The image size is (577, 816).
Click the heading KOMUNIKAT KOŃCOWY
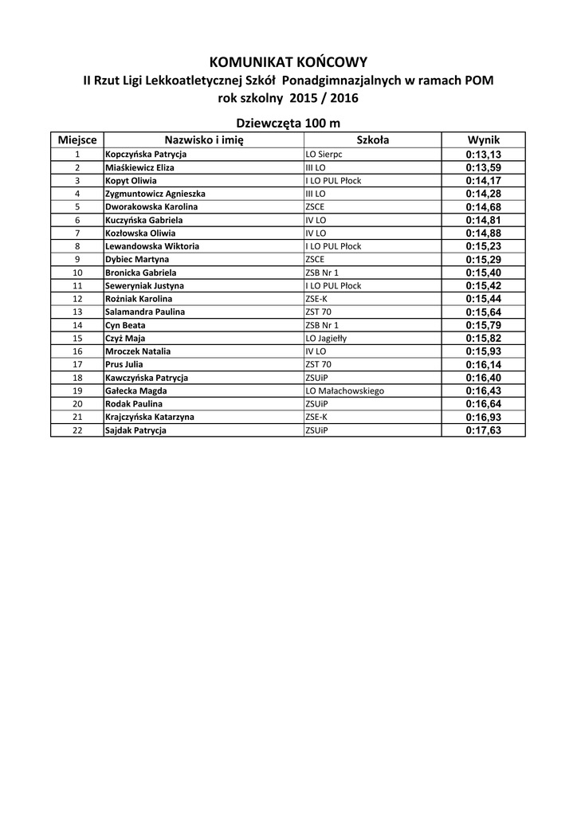pyautogui.click(x=288, y=61)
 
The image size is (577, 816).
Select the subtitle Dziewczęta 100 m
pyautogui.click(x=288, y=123)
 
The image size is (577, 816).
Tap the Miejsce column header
pyautogui.click(x=77, y=139)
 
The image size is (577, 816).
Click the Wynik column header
pyautogui.click(x=483, y=139)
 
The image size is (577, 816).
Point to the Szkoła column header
pyautogui.click(x=372, y=139)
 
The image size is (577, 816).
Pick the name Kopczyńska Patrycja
pyautogui.click(x=146, y=154)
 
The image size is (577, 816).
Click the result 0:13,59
pyautogui.click(x=483, y=167)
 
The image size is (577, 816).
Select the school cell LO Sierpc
pyautogui.click(x=324, y=154)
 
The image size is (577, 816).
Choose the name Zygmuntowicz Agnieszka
pyautogui.click(x=155, y=194)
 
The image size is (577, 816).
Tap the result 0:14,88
pyautogui.click(x=483, y=233)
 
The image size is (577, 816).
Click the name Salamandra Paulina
pyautogui.click(x=145, y=312)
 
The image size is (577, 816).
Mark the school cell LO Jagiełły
pyautogui.click(x=326, y=338)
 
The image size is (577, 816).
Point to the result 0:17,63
pyautogui.click(x=483, y=430)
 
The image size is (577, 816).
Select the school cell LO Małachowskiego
pyautogui.click(x=345, y=390)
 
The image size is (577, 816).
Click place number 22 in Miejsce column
pyautogui.click(x=77, y=430)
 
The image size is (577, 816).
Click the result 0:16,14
pyautogui.click(x=483, y=364)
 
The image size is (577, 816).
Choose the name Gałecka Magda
pyautogui.click(x=136, y=390)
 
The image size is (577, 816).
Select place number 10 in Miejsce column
pyautogui.click(x=77, y=273)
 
